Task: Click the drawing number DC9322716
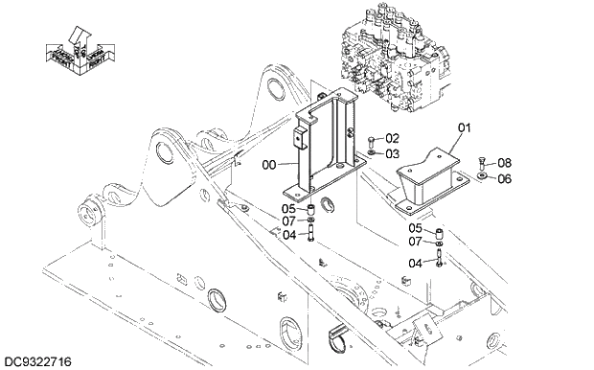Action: point(39,361)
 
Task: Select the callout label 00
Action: point(269,165)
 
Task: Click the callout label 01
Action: point(465,127)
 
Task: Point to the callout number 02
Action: point(392,139)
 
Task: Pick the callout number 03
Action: point(392,152)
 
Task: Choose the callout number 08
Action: point(504,163)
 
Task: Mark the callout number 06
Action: point(504,178)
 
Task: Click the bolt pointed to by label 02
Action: point(371,140)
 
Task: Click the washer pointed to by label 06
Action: point(479,177)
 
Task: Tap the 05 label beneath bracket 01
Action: point(416,228)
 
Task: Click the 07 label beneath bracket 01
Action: point(416,242)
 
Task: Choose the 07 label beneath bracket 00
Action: point(288,221)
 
